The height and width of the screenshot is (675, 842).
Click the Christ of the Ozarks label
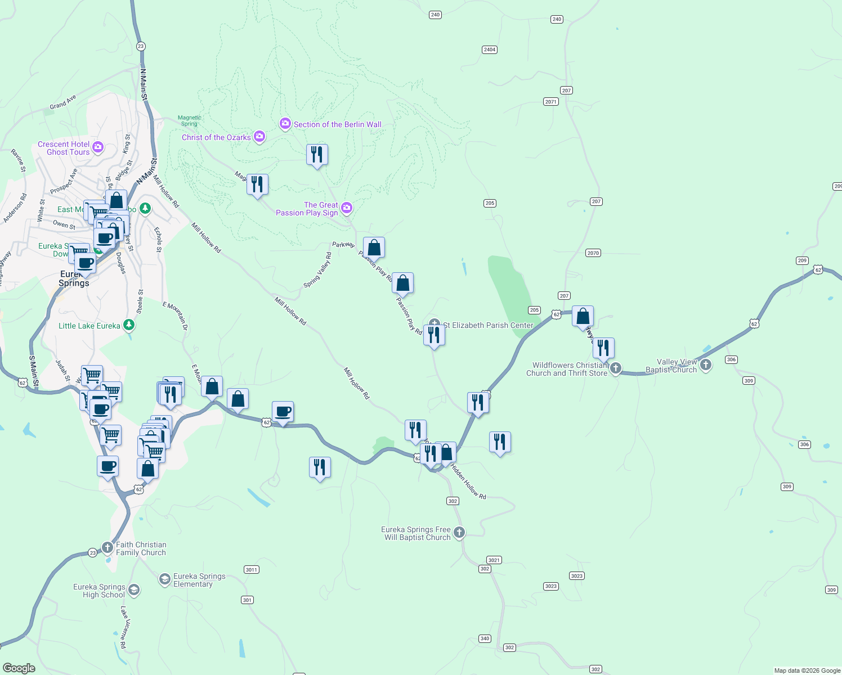(x=216, y=137)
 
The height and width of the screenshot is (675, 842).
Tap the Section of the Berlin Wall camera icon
(x=285, y=124)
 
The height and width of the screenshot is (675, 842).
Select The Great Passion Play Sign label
(x=307, y=209)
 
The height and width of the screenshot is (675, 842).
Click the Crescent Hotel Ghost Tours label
(x=64, y=148)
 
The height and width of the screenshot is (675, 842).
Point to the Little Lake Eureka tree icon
(x=129, y=325)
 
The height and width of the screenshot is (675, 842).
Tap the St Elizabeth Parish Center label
(x=488, y=325)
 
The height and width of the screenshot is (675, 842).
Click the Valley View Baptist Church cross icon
(x=706, y=365)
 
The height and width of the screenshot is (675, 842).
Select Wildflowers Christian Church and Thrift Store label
(x=567, y=369)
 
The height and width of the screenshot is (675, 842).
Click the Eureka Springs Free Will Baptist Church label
(x=416, y=533)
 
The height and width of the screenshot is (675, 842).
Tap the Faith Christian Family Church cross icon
(x=107, y=547)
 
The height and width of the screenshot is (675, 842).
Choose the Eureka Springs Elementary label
(x=199, y=580)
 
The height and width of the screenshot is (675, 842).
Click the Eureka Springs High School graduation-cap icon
(x=133, y=589)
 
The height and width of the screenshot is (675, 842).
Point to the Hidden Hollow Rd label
(x=468, y=481)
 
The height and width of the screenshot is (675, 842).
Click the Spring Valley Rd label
(x=317, y=270)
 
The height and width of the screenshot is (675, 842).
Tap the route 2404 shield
(x=490, y=49)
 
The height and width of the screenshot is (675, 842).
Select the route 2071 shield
(x=550, y=102)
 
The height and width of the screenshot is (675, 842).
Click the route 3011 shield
(x=251, y=570)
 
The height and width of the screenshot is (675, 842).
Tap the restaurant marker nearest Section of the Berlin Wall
(x=317, y=155)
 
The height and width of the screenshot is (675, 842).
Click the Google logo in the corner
(x=19, y=668)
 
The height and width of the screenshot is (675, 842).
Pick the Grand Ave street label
(x=62, y=102)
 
